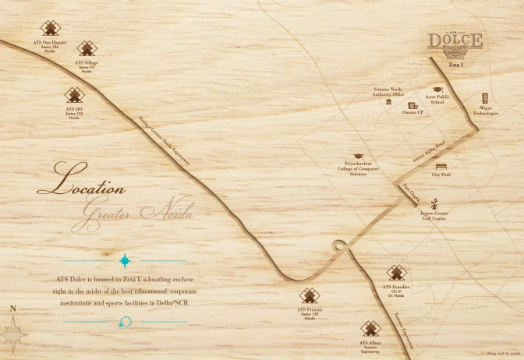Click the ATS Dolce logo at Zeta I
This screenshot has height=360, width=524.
(x=456, y=44)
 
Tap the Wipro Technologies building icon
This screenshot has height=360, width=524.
(x=485, y=98)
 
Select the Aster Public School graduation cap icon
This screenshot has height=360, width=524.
(x=437, y=90)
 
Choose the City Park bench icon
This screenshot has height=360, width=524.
(x=441, y=166)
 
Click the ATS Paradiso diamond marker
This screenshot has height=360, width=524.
(x=396, y=272)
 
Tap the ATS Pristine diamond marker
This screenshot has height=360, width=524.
(x=310, y=297)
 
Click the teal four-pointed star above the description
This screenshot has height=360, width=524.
(x=124, y=260)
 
